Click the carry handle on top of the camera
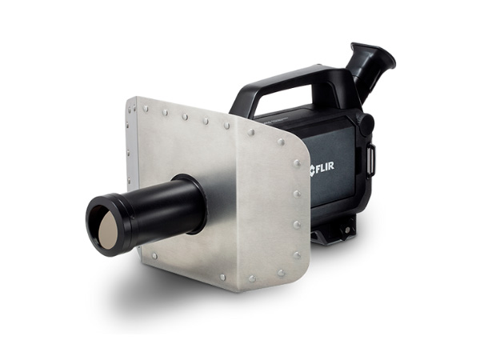[288, 83]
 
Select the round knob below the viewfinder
[366, 125]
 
